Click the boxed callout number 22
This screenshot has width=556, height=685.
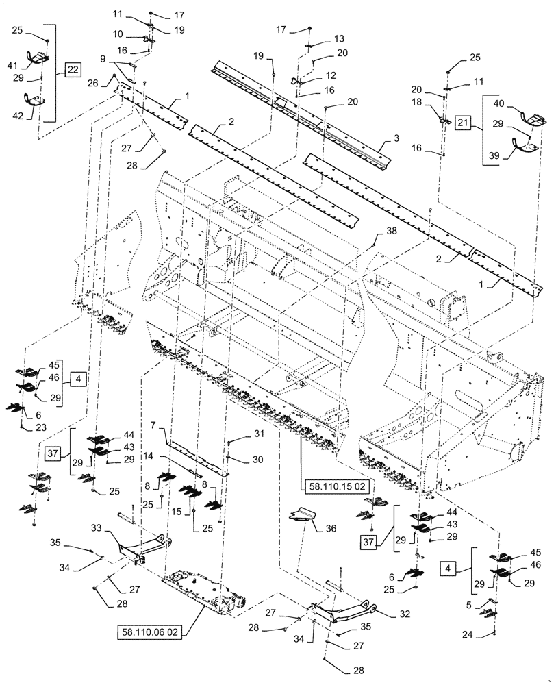click(73, 69)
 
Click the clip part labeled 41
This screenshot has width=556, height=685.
click(41, 59)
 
